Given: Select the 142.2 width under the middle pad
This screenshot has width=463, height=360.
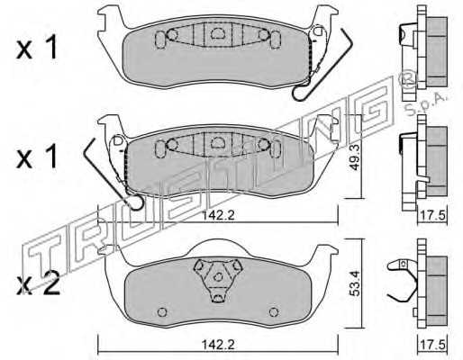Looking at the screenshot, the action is pos(218,216).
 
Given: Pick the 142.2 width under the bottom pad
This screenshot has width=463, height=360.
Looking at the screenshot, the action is pos(218,345).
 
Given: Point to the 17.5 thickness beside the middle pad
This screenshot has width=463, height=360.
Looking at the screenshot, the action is pos(432,216).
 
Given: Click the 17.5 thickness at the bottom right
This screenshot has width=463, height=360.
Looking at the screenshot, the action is pos(432,345).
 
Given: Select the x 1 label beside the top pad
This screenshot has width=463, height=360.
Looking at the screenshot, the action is pos(37,49).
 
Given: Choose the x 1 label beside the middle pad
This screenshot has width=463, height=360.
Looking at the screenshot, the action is pos(37,157).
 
